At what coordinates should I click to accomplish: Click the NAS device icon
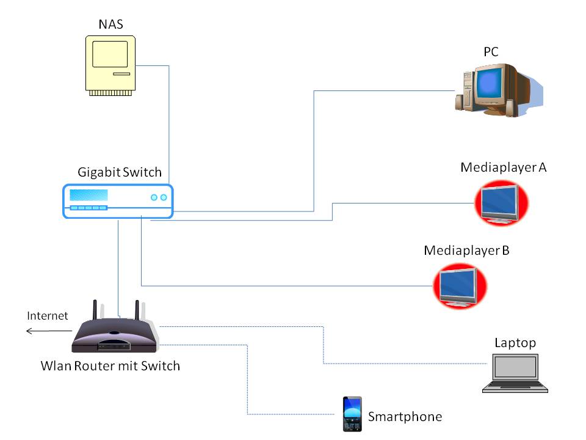110,64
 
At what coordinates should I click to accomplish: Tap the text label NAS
111,24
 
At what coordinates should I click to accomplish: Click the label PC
491,52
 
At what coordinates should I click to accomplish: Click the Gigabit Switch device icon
118,201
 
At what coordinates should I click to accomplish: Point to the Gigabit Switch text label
120,172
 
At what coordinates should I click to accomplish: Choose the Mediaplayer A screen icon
501,203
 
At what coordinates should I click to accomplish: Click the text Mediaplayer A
503,167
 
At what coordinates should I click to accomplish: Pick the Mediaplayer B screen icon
460,285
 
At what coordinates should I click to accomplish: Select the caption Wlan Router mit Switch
110,366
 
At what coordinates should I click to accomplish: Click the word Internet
48,316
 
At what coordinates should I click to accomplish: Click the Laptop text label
515,343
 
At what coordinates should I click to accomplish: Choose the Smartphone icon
352,414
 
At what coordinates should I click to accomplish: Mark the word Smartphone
405,417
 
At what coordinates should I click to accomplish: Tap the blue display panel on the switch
89,196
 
